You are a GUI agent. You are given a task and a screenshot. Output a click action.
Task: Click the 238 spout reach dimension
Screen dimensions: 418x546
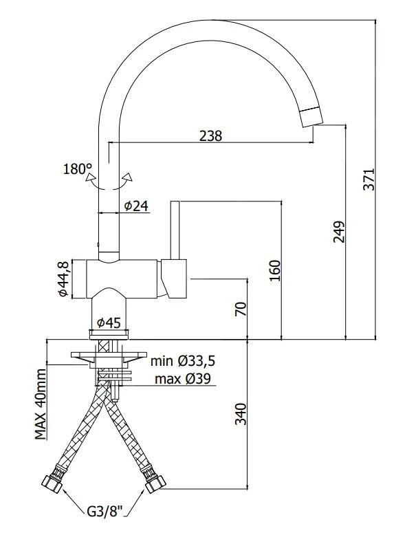click(x=210, y=135)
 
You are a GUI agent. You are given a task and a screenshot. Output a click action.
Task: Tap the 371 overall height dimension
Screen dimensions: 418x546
click(x=368, y=179)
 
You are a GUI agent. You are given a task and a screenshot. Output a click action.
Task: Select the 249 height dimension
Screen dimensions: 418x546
click(x=338, y=232)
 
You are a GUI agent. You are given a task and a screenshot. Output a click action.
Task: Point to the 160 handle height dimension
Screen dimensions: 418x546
click(x=274, y=270)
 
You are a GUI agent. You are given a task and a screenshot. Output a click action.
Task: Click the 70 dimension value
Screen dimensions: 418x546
click(x=241, y=309)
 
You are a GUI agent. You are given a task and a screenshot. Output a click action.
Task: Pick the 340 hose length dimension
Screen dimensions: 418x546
click(x=241, y=414)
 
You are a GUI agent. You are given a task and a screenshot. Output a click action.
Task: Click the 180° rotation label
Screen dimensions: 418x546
click(x=78, y=169)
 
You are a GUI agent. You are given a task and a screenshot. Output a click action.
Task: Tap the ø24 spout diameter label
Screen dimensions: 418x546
click(x=136, y=206)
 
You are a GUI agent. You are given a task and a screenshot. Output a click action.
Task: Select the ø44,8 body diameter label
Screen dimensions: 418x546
click(x=63, y=279)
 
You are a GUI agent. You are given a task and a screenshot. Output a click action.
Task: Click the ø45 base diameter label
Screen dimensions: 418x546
click(x=109, y=323)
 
